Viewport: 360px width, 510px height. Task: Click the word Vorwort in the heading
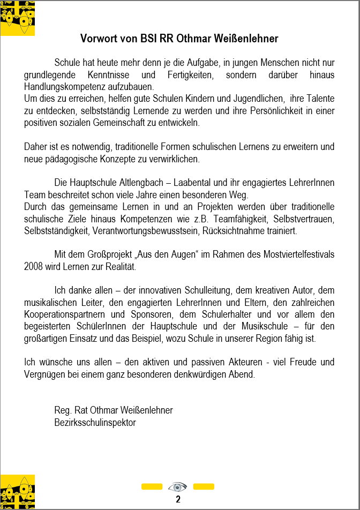pos(99,39)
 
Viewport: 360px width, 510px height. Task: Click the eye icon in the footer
pos(178,486)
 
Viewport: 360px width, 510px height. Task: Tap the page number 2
pos(178,499)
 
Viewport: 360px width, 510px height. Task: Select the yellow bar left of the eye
pos(152,486)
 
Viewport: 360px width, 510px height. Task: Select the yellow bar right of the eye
pos(204,486)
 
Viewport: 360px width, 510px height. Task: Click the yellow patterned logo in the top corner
pos(18,18)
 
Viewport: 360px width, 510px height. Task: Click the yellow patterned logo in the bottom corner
pos(18,492)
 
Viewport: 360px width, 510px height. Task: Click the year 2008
pos(34,266)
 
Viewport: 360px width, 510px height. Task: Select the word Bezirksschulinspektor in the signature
pos(95,422)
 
